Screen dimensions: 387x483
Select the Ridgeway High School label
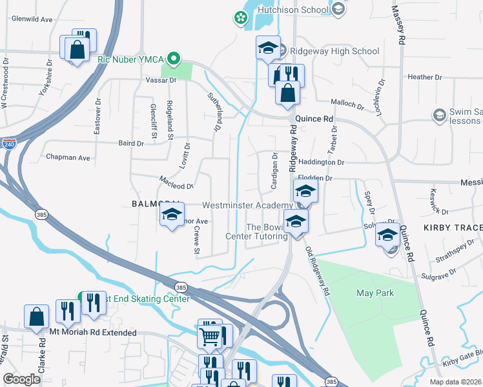(x=334, y=51)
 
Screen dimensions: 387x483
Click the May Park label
(x=375, y=293)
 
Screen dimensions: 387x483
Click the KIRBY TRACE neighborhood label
(x=453, y=228)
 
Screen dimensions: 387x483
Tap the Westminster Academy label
(x=247, y=205)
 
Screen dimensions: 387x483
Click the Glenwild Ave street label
(x=32, y=19)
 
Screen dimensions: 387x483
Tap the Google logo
(x=22, y=379)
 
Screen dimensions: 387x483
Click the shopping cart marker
(x=211, y=336)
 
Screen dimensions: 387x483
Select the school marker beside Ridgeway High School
(x=268, y=48)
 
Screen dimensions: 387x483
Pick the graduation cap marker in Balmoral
(x=172, y=215)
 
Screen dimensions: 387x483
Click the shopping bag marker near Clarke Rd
(x=36, y=317)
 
